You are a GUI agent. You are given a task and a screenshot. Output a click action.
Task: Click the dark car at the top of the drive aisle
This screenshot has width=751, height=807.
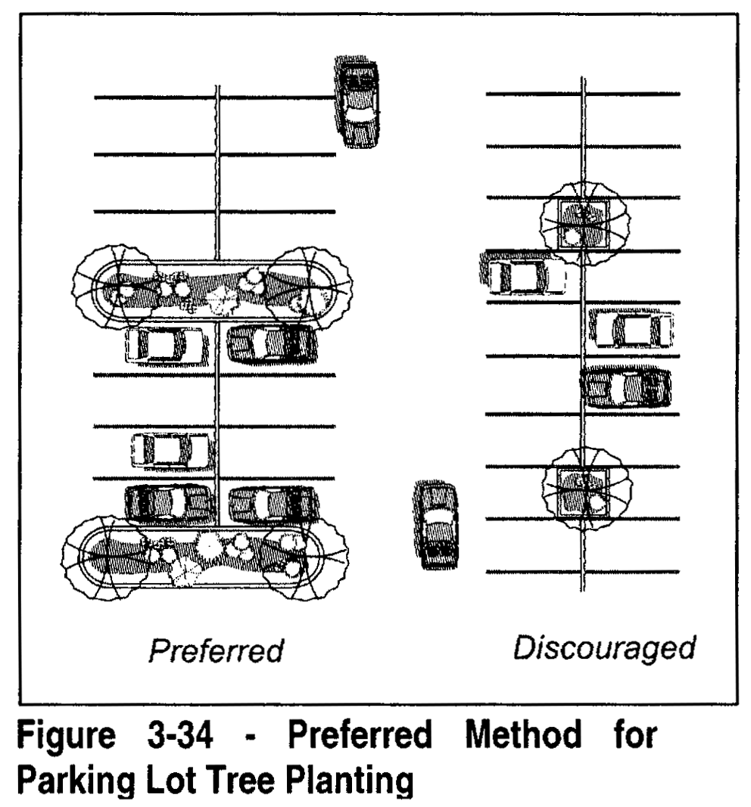tap(358, 104)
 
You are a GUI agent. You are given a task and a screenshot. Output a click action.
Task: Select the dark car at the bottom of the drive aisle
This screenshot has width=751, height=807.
tap(435, 526)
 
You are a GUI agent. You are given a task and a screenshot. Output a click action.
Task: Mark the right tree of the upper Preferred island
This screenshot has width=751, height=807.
tap(309, 286)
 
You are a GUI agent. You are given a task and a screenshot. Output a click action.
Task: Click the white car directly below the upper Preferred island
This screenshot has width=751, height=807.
tap(164, 346)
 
